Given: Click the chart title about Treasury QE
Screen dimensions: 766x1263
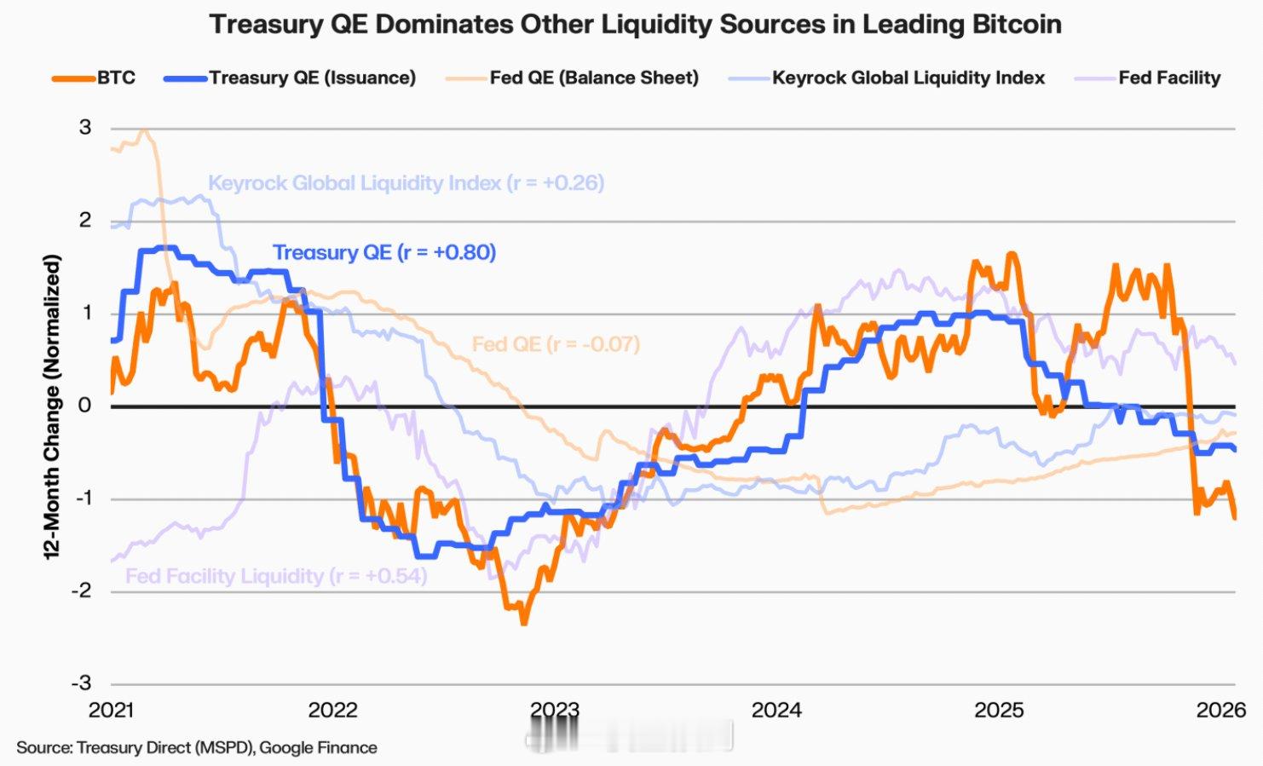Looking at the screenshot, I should (x=635, y=24).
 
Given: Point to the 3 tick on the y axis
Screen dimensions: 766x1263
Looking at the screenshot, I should (x=85, y=128).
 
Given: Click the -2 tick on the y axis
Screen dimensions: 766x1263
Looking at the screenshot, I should (x=81, y=590).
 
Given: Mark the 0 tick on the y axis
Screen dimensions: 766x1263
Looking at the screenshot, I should (x=85, y=406).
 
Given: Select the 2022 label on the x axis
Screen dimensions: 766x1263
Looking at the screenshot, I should (x=332, y=710).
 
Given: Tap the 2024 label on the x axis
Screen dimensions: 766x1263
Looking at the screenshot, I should (x=776, y=710).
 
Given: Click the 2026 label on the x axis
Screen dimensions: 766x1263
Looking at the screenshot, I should (x=1220, y=710).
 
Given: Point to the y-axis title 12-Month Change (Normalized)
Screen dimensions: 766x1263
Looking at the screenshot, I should (x=53, y=406).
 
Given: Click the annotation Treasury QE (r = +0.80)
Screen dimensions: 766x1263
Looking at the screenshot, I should (x=384, y=252).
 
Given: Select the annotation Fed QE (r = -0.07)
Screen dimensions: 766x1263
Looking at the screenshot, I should (x=556, y=344).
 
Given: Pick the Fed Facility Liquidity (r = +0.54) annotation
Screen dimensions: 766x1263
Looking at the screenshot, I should (x=276, y=576).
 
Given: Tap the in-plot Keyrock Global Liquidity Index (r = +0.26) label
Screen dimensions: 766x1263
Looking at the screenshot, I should (x=406, y=183).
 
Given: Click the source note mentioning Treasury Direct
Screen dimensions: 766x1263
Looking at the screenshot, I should (x=197, y=748).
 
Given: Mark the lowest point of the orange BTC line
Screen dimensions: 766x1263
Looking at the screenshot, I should (x=523, y=623).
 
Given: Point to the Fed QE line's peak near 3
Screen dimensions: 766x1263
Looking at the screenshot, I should (x=144, y=130).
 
